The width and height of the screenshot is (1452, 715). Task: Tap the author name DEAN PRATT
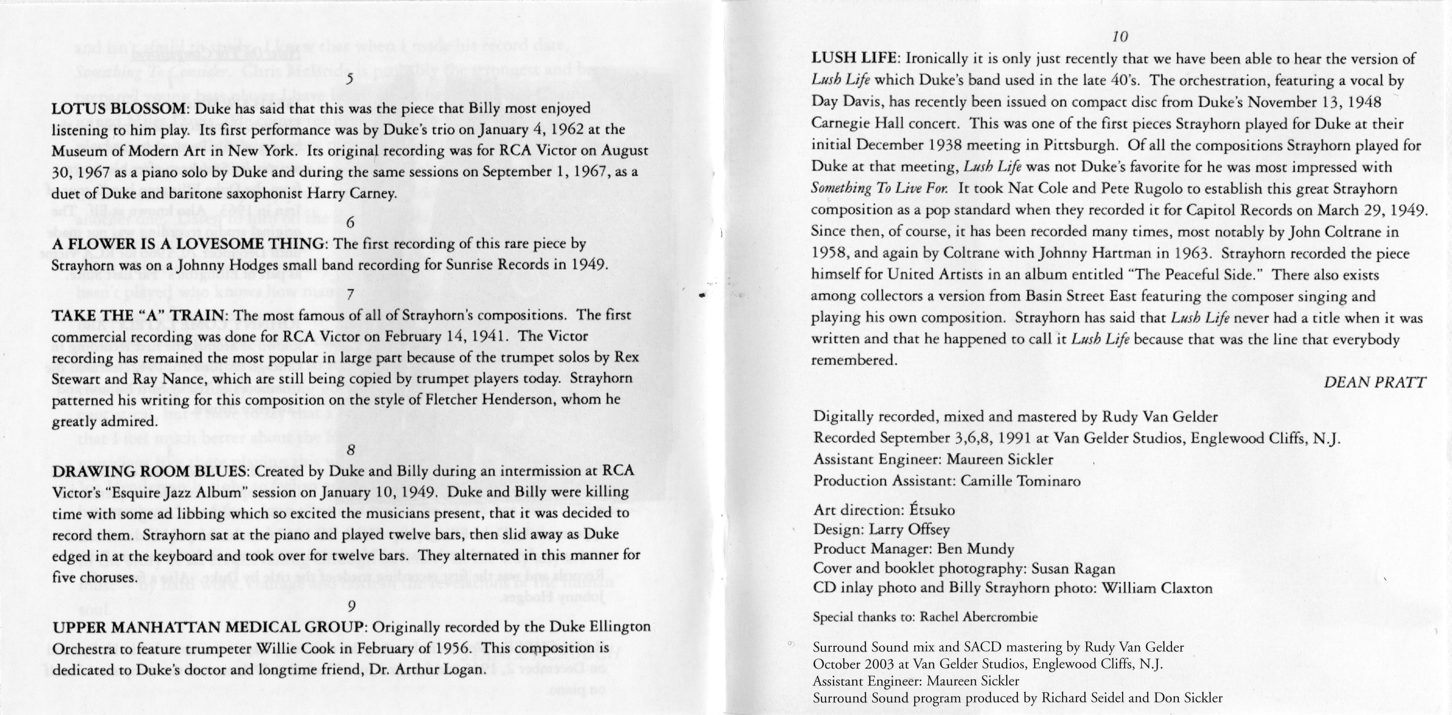[x=1374, y=382]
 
